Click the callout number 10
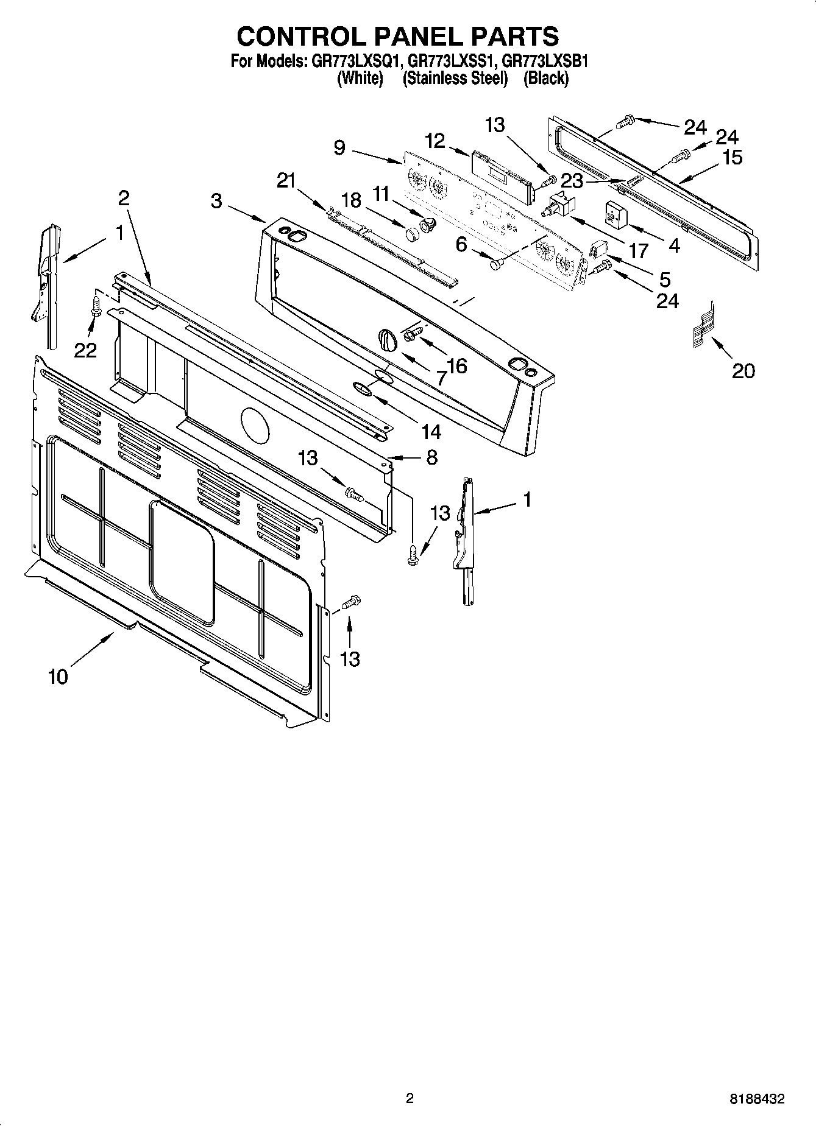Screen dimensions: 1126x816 click(x=58, y=677)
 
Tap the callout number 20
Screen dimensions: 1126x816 click(x=743, y=370)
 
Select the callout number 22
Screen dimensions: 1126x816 click(x=85, y=350)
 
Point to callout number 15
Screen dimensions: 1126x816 click(x=732, y=157)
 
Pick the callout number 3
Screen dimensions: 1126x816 click(x=217, y=201)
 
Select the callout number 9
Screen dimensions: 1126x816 click(x=340, y=147)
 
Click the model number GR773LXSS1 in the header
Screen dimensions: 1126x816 click(x=453, y=61)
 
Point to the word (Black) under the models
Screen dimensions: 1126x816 click(x=546, y=79)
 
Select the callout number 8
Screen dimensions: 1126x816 click(x=431, y=457)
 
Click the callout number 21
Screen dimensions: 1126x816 click(x=285, y=180)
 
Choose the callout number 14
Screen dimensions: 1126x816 click(x=431, y=432)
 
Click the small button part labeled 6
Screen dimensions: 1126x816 click(x=495, y=264)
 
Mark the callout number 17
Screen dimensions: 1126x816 click(x=639, y=250)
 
